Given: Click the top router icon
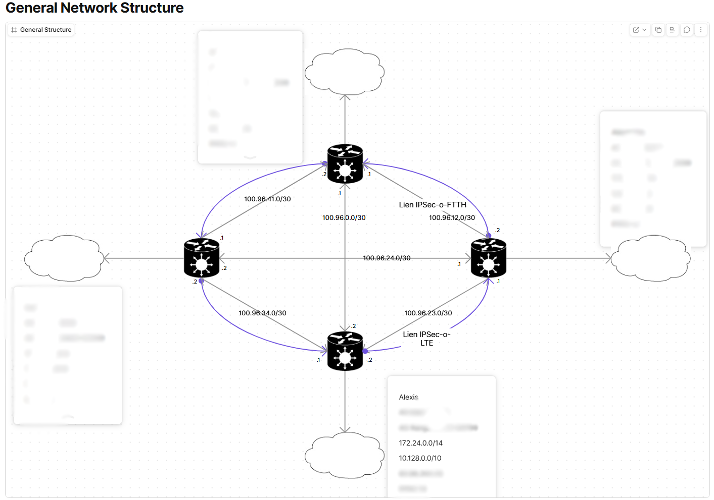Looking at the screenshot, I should (345, 164).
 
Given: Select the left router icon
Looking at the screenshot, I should (202, 258).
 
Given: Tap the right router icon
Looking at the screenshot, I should (488, 258).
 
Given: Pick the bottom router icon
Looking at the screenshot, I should (345, 351).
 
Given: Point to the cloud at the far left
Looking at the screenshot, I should (64, 258).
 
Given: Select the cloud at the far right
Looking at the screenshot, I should (651, 258).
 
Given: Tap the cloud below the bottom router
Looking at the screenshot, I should (345, 455).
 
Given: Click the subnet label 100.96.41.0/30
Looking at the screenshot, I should (267, 199).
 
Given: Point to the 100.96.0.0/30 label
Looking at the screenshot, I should (344, 218).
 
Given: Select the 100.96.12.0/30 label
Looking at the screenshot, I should (452, 218).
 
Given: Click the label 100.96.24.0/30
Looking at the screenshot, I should (387, 258).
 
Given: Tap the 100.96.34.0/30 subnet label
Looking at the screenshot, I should (262, 313).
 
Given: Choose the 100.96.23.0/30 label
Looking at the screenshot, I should (428, 313).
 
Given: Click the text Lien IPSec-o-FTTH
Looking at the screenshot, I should (433, 205).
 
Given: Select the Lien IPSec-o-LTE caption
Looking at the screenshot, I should (426, 339).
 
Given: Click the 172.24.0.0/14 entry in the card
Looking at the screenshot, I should (420, 443).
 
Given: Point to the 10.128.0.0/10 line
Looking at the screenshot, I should (420, 458).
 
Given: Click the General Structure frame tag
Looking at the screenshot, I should (41, 30).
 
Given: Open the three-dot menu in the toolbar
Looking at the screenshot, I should (700, 30).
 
